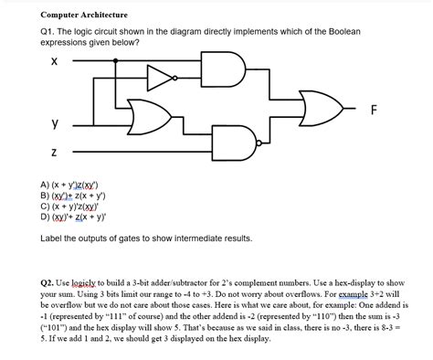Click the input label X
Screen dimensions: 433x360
click(54, 61)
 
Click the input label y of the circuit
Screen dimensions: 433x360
click(54, 122)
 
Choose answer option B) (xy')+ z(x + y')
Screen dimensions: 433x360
click(78, 194)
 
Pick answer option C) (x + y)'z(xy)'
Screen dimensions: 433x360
click(77, 206)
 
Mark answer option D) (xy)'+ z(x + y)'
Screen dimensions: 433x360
click(78, 217)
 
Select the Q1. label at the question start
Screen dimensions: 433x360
click(49, 32)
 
